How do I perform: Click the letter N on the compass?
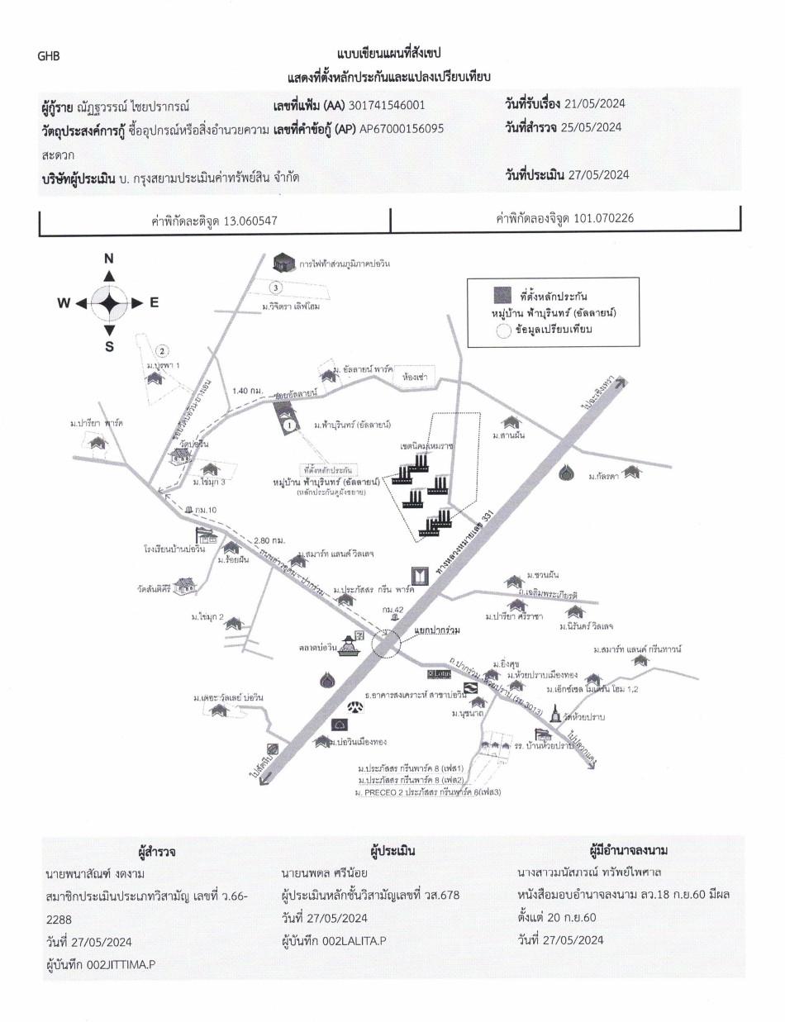click(108, 259)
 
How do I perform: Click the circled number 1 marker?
click(289, 424)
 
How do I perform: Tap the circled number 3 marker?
click(276, 288)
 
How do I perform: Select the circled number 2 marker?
click(163, 350)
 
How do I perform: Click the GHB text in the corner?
click(49, 56)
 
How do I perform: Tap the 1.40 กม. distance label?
click(248, 390)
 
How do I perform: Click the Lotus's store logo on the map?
click(438, 674)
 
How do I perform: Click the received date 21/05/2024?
click(594, 103)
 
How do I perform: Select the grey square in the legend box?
click(502, 295)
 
